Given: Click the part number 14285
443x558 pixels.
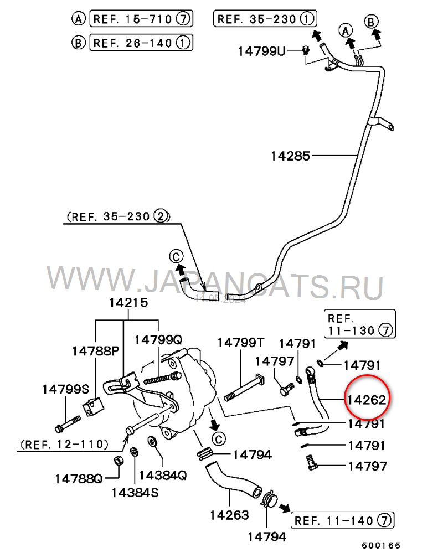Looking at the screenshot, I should pos(290,156).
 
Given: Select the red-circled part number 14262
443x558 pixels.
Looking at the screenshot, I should pos(366,399).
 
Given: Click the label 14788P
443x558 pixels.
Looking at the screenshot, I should pos(95,351).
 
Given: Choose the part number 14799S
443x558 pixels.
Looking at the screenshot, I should pos(65,390).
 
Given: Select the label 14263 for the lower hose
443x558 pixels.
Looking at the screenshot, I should pos(229,515).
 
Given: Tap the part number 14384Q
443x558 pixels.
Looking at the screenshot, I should pos(163,475).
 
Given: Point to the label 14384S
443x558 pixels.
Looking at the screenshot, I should pos(135,491).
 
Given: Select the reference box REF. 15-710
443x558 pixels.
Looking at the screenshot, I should pos(141,19).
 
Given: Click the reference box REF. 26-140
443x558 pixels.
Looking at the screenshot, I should pos(141,42).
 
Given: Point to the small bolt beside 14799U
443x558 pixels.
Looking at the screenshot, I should pos(305,51).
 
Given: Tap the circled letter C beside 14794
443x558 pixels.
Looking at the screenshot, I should pos(218,440).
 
